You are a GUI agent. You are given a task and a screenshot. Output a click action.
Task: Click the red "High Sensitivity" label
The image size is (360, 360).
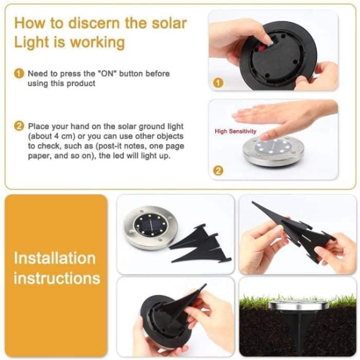[236, 132]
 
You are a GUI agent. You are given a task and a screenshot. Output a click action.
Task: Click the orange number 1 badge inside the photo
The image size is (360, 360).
[218, 82]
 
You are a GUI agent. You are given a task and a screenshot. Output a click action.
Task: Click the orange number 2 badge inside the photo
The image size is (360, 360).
[218, 171]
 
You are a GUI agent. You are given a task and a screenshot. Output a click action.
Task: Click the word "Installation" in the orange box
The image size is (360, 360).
[55, 258]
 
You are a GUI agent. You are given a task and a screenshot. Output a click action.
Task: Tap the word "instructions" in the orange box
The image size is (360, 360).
[57, 278]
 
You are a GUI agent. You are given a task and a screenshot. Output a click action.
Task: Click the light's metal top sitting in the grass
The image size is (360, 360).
[298, 305]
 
